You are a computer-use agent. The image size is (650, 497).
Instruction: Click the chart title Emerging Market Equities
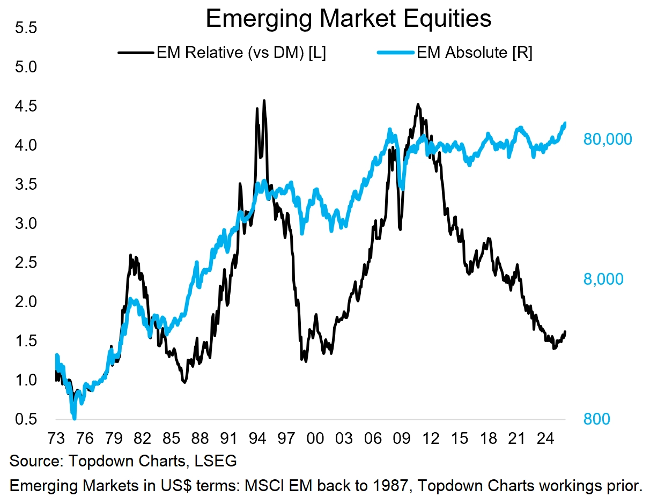point(349,19)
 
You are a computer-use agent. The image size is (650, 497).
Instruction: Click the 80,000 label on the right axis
point(607,139)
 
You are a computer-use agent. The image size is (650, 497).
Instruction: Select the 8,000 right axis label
point(603,279)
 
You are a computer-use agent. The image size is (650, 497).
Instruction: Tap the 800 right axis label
point(596,419)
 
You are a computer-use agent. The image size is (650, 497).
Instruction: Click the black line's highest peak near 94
point(264,100)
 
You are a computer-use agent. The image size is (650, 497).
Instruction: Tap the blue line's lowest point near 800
point(74,418)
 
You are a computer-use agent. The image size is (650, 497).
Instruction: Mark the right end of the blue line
point(565,123)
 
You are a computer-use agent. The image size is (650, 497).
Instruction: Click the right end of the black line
point(565,332)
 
